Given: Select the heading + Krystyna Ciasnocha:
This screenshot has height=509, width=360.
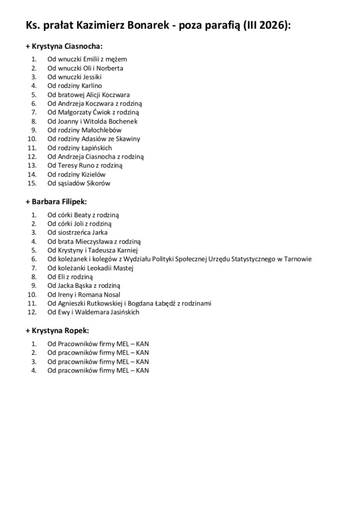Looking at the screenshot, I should (64, 46).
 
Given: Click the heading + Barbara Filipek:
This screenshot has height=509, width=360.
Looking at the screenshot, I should (56, 202).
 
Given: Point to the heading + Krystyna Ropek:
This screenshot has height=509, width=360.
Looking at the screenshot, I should (57, 331).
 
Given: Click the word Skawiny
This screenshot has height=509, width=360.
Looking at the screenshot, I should (129, 139).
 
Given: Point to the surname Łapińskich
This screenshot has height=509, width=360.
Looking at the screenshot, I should (97, 148).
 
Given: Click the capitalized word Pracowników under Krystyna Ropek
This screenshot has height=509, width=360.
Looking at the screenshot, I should (76, 343).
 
